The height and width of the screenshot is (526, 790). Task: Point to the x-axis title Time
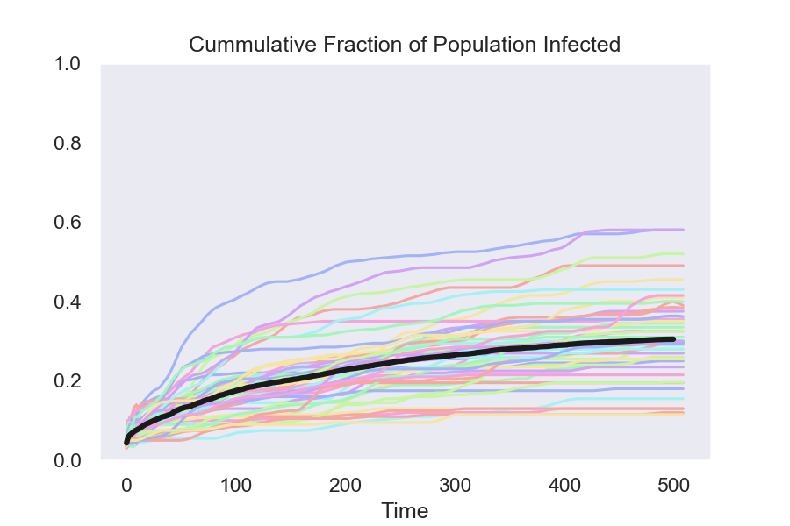[405, 510]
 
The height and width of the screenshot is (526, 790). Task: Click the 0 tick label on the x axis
[126, 484]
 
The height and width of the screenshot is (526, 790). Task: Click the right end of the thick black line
[673, 338]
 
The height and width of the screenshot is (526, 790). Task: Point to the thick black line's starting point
[126, 444]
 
